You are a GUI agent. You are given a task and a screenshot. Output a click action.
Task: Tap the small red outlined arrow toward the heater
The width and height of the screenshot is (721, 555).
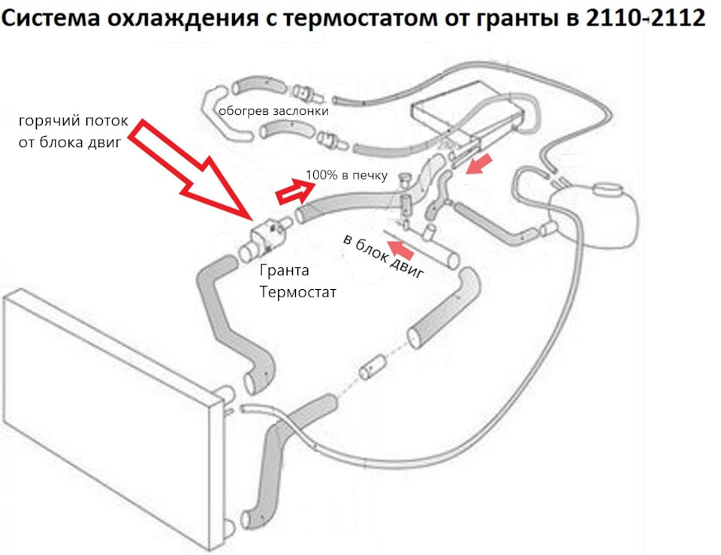(x=289, y=194)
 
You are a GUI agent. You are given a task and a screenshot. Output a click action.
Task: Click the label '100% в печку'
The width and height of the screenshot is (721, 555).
(x=346, y=176)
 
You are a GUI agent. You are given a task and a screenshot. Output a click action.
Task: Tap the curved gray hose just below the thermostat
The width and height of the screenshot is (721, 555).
(x=233, y=315)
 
